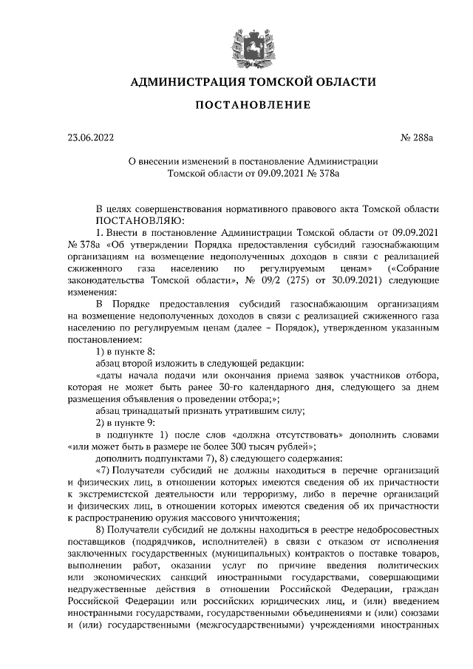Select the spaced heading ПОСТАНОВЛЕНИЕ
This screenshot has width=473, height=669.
point(236,106)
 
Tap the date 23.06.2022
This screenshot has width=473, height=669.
point(91,137)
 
